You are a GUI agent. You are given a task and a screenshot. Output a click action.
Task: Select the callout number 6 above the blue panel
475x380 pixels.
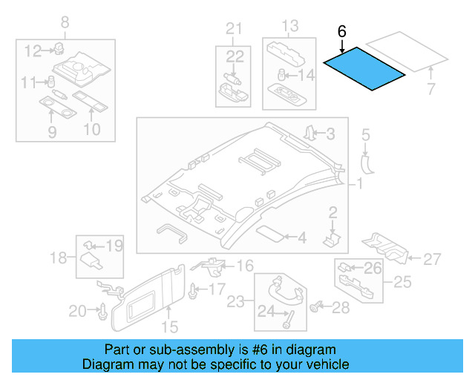point(341,32)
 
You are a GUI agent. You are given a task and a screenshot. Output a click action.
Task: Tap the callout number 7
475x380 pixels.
point(429,91)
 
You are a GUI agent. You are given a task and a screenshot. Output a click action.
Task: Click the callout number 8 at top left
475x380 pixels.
point(65,23)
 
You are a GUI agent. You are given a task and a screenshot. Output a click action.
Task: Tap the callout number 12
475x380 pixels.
point(33,51)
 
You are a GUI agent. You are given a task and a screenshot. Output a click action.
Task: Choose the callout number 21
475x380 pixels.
point(235,29)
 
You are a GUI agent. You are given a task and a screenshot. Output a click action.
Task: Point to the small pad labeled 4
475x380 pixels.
point(272,233)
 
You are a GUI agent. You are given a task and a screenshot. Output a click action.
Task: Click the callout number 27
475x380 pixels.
point(432,259)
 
